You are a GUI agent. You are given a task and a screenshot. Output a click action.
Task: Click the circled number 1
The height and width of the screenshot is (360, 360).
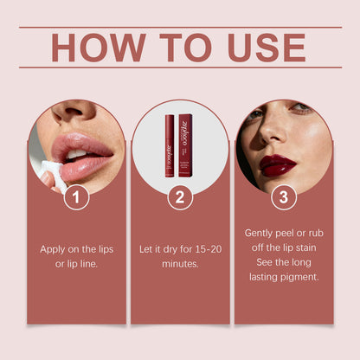click(x=77, y=198)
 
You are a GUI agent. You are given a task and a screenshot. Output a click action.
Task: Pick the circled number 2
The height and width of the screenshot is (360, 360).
click(x=180, y=198)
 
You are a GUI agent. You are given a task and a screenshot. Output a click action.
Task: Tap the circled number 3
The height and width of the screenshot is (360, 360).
click(x=282, y=198)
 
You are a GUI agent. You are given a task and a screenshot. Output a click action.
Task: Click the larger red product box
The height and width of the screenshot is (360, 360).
click(x=185, y=144)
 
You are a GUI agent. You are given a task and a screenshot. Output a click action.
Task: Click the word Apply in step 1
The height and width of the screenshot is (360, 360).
click(x=55, y=248)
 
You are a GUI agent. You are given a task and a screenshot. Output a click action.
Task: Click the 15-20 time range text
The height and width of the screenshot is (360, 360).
click(x=204, y=248)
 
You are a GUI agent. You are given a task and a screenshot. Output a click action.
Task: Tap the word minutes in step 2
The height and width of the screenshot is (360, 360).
click(x=180, y=263)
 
